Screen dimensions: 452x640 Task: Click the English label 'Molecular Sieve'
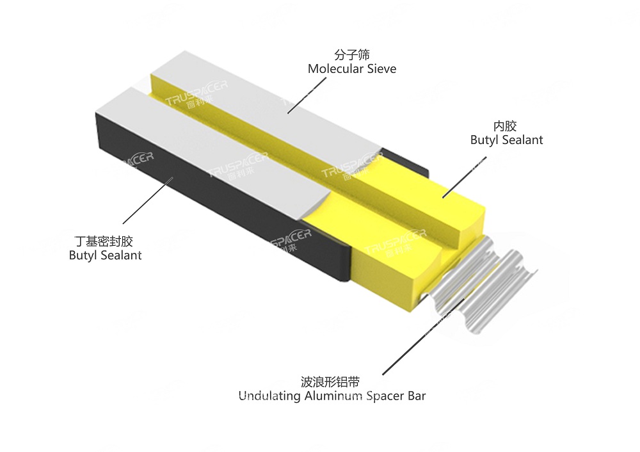tap(352, 69)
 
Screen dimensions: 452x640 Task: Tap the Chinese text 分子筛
tap(353, 55)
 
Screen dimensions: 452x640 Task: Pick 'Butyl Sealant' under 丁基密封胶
tap(106, 255)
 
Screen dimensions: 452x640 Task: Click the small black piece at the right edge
tap(410, 162)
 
